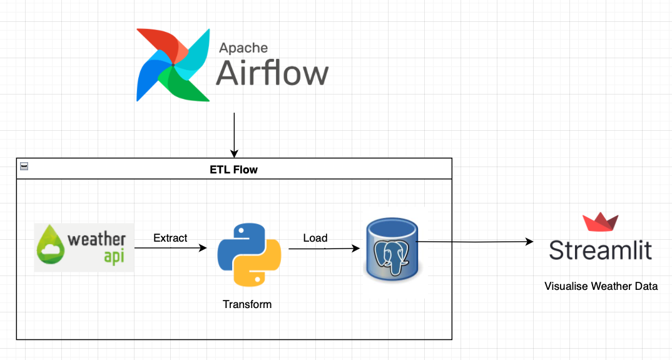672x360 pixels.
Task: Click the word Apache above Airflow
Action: pyautogui.click(x=243, y=48)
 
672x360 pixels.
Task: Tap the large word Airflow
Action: pyautogui.click(x=272, y=73)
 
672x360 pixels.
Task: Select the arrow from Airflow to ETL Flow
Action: pyautogui.click(x=234, y=135)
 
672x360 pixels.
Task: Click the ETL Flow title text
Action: pyautogui.click(x=233, y=169)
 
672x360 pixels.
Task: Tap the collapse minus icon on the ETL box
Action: pyautogui.click(x=24, y=166)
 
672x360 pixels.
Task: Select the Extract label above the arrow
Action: pyautogui.click(x=170, y=238)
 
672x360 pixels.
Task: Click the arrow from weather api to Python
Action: pyautogui.click(x=170, y=248)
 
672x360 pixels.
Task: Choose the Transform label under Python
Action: pyautogui.click(x=247, y=304)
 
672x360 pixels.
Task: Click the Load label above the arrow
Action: pyautogui.click(x=315, y=238)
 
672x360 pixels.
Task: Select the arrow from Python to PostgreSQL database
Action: pyautogui.click(x=323, y=249)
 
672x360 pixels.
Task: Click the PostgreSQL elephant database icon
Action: pyautogui.click(x=393, y=249)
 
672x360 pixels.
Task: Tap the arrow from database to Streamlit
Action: pyautogui.click(x=476, y=242)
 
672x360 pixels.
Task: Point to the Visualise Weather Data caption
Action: pyautogui.click(x=601, y=287)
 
